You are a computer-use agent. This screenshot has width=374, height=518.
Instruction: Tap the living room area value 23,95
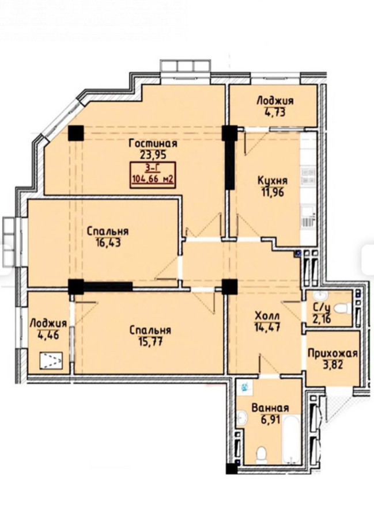[153, 155]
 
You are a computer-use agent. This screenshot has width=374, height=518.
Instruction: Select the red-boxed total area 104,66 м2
[153, 180]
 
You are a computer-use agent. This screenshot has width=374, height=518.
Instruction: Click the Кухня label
[273, 181]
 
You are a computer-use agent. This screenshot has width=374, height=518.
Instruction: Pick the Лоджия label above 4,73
[275, 101]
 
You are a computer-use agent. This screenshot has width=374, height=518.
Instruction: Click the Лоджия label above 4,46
[48, 323]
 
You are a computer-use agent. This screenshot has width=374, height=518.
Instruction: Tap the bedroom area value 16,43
[108, 243]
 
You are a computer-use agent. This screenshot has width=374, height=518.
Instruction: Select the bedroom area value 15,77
[150, 341]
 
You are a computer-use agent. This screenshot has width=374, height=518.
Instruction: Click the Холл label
[267, 317]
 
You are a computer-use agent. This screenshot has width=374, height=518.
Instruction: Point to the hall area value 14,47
[267, 327]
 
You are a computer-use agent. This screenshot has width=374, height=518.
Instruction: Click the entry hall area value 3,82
[332, 365]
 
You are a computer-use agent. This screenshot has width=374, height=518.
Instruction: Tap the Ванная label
[270, 408]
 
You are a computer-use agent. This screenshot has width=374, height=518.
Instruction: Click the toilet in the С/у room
[342, 309]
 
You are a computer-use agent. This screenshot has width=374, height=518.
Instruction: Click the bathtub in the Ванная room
[292, 439]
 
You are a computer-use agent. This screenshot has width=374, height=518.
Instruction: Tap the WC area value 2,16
[322, 319]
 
